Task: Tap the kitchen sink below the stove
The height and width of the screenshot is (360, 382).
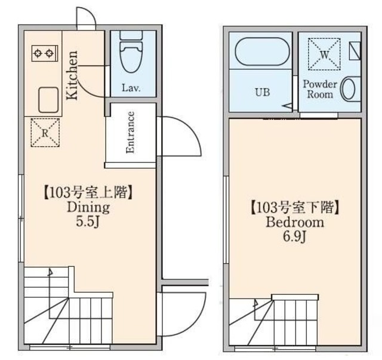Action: click(x=48, y=99)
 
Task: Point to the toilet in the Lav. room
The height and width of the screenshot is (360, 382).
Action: click(x=131, y=54)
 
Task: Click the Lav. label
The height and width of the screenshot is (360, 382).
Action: click(x=131, y=88)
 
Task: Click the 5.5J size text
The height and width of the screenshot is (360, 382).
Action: click(x=87, y=222)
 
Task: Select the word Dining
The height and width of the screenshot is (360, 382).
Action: click(x=87, y=208)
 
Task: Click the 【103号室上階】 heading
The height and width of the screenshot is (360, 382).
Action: click(x=87, y=193)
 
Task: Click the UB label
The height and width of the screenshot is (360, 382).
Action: click(x=263, y=93)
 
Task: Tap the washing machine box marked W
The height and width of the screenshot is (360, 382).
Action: click(x=324, y=54)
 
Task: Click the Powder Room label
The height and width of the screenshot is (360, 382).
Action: click(x=320, y=89)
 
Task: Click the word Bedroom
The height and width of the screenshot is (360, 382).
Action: click(x=294, y=223)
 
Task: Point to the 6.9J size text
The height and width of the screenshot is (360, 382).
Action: click(x=294, y=237)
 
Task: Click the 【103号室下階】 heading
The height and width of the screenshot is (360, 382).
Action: click(x=294, y=208)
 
